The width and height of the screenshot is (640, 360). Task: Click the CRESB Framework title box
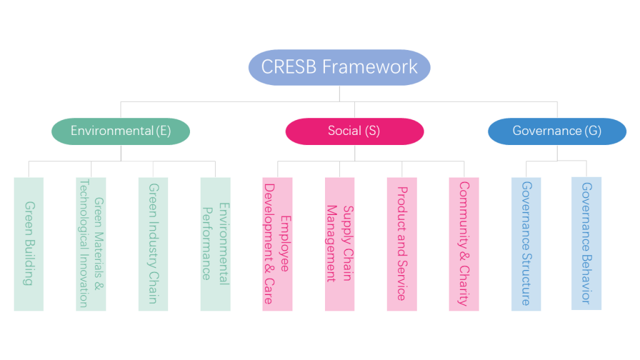pyautogui.click(x=339, y=67)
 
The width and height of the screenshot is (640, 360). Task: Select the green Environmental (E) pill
pyautogui.click(x=121, y=131)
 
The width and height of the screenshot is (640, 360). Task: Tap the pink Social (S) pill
pyautogui.click(x=354, y=131)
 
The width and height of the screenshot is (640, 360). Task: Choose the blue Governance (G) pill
pyautogui.click(x=557, y=131)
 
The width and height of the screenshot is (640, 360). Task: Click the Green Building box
pyautogui.click(x=29, y=244)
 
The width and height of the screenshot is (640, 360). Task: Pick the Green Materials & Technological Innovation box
pyautogui.click(x=91, y=244)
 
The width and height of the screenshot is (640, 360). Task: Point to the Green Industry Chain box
pyautogui.click(x=153, y=244)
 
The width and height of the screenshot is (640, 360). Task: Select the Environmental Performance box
pyautogui.click(x=216, y=244)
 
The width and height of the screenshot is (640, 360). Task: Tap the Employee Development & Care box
pyautogui.click(x=277, y=244)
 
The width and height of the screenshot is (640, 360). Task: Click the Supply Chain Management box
pyautogui.click(x=340, y=244)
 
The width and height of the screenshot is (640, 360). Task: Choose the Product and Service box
pyautogui.click(x=402, y=244)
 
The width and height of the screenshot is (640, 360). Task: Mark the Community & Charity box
pyautogui.click(x=464, y=244)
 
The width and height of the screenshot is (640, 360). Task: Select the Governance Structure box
pyautogui.click(x=526, y=244)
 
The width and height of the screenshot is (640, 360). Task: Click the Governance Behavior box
pyautogui.click(x=586, y=243)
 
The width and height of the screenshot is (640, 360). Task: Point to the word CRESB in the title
pyautogui.click(x=289, y=67)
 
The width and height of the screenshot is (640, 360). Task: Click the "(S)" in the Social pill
pyautogui.click(x=372, y=131)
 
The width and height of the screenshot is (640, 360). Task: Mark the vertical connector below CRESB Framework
pyautogui.click(x=340, y=94)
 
